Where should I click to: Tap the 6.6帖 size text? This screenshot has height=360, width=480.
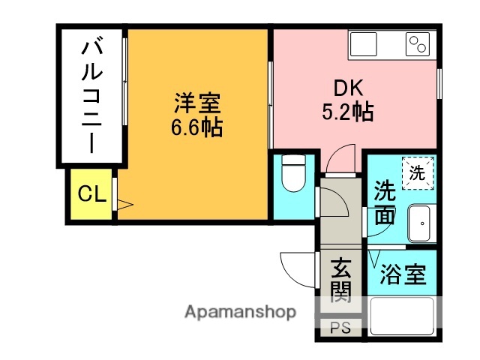click(x=196, y=127)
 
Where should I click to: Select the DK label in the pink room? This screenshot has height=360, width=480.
click(x=349, y=88)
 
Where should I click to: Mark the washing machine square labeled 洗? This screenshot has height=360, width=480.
click(x=417, y=172)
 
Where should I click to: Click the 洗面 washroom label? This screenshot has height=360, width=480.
click(x=385, y=202)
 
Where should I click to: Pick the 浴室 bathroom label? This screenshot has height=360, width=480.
click(x=403, y=274)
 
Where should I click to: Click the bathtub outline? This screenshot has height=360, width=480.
click(x=403, y=316)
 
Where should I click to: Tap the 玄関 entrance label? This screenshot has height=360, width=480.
click(x=341, y=279)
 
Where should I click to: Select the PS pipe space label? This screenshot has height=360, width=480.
click(x=341, y=327)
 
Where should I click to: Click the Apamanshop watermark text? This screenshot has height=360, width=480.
click(x=240, y=312)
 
